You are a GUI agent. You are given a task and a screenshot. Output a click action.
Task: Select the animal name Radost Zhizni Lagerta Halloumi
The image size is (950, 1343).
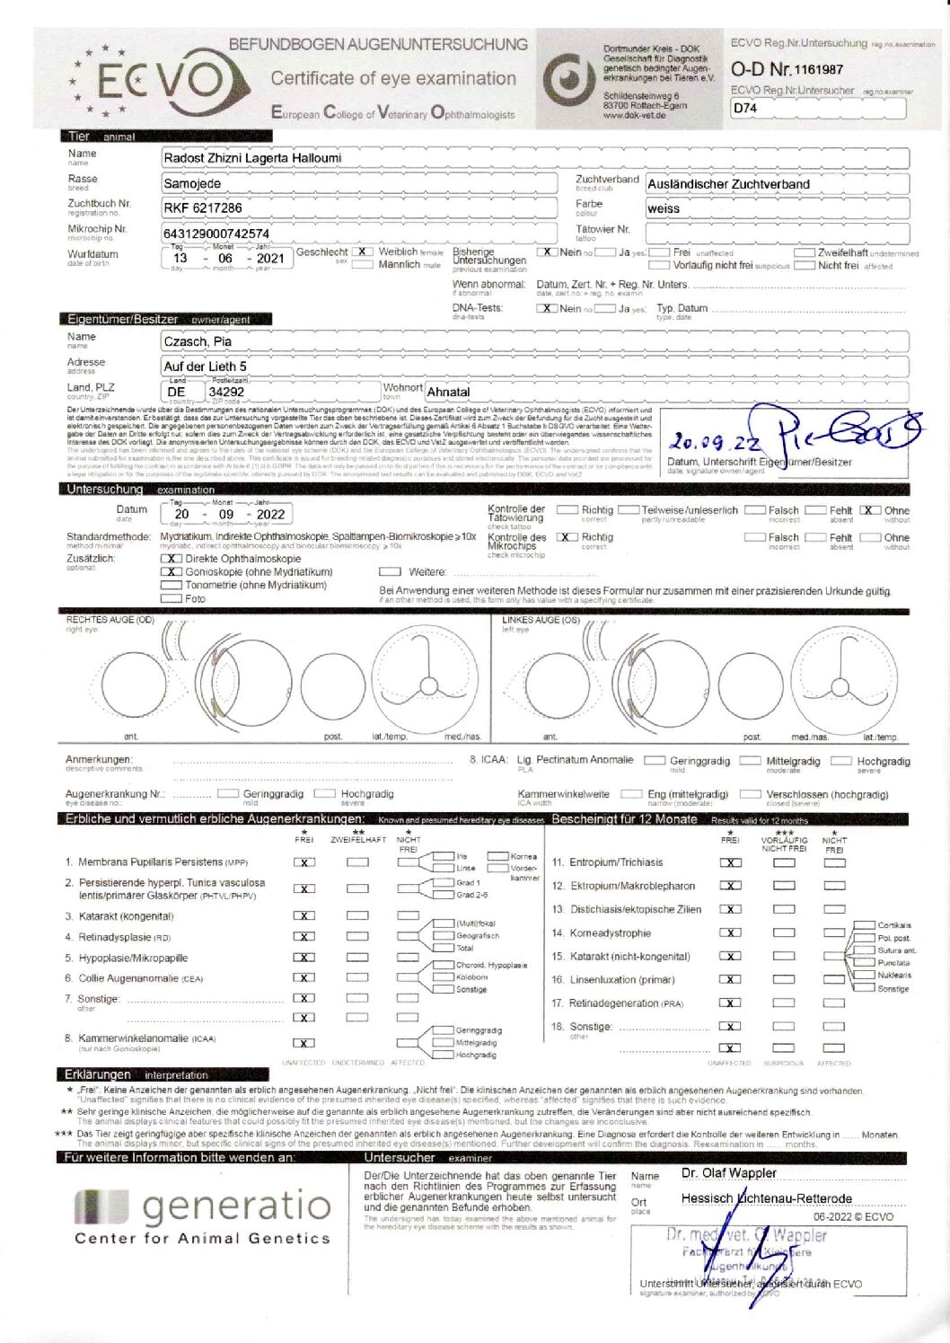pos(251,158)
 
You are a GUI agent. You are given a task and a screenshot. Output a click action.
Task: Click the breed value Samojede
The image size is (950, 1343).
pos(192,183)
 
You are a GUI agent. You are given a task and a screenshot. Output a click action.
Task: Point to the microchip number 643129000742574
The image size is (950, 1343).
pos(216,234)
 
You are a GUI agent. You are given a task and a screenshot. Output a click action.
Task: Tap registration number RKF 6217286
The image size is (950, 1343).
pos(202,208)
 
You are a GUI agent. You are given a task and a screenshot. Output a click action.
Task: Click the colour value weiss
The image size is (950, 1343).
pos(664,208)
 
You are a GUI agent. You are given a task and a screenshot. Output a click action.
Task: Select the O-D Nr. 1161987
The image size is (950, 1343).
pos(787,69)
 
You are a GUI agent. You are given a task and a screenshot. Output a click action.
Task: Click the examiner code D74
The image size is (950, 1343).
pos(745,108)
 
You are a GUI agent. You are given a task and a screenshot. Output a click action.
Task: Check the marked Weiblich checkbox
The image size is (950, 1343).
pos(363,252)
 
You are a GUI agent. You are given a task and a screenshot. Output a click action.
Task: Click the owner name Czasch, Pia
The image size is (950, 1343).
pos(198,341)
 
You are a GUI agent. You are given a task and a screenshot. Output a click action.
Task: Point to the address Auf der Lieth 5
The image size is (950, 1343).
pos(205,367)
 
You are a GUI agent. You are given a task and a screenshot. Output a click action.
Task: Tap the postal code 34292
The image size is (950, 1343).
pos(226,392)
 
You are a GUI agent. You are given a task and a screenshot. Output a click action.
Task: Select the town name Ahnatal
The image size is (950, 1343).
pos(448,392)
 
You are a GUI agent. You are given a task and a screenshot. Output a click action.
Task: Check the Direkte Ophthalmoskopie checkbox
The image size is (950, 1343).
pos(171,559)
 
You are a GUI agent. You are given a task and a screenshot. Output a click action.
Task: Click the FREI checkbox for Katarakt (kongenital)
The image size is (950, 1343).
pos(304,915)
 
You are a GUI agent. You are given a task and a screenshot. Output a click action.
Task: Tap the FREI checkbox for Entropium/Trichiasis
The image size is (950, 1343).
pos(731,862)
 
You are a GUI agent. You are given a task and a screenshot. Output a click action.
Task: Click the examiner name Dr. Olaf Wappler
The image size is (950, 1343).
pos(729,1173)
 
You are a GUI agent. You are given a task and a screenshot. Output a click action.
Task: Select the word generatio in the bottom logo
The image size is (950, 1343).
pos(237,1206)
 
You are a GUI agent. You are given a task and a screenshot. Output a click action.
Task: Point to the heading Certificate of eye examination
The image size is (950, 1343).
pos(393,78)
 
